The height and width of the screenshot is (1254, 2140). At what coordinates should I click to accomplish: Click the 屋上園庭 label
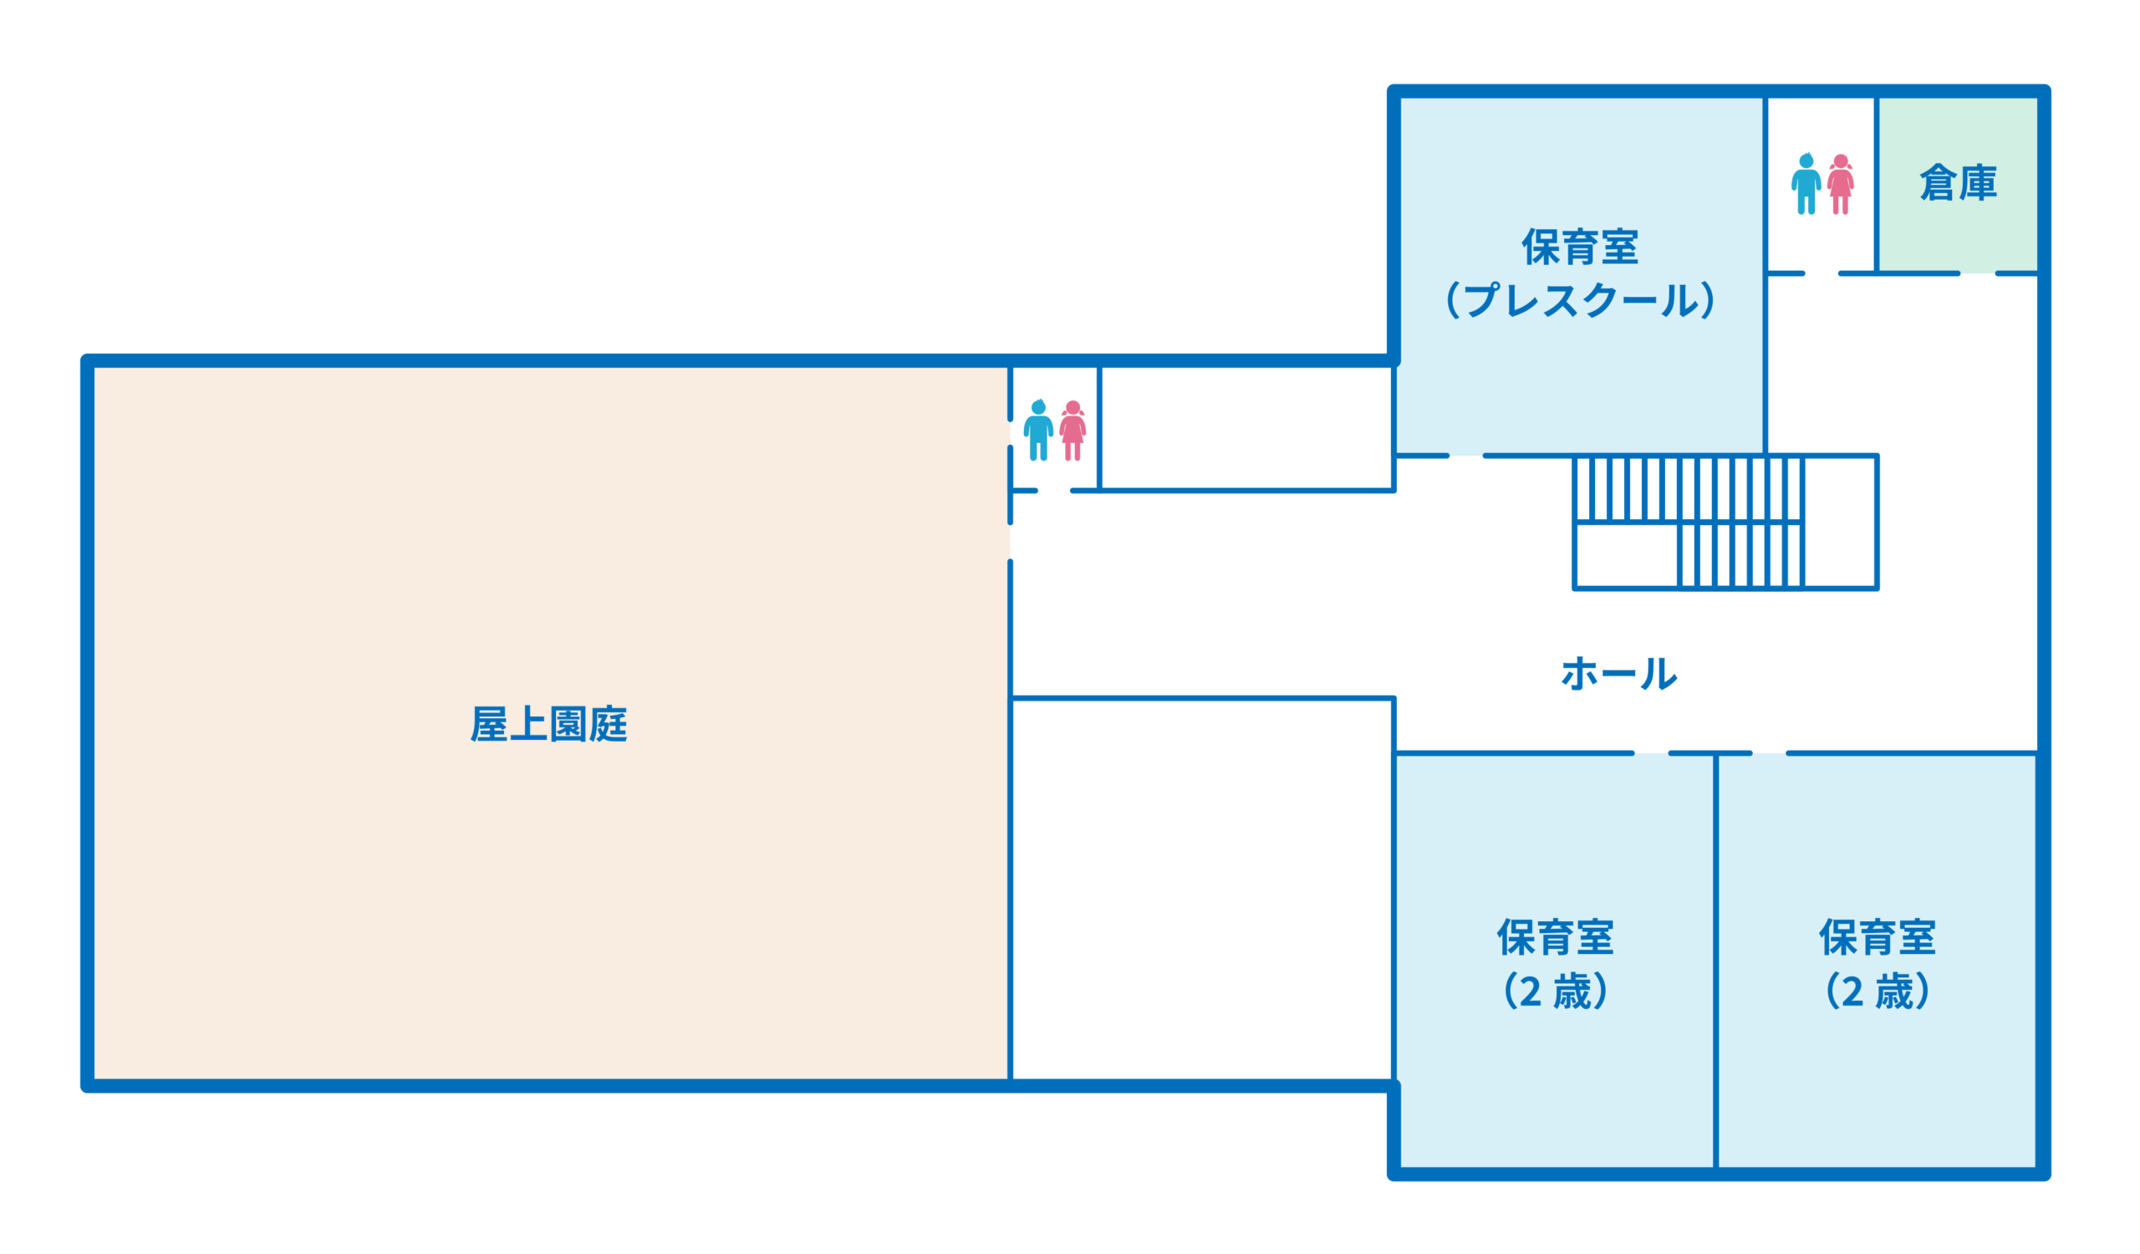548,724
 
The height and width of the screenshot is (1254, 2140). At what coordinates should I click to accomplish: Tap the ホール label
1618,673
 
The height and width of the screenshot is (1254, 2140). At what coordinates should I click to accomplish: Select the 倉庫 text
1959,182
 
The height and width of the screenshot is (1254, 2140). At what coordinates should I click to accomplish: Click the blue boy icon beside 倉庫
1806,183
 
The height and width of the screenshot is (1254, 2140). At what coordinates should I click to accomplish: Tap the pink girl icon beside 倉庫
1840,183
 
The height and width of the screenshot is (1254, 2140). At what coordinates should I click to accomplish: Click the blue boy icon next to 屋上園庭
1037,431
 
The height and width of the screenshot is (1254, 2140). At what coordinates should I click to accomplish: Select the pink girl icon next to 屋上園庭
1073,431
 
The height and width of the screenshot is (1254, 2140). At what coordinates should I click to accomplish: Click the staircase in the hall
1689,522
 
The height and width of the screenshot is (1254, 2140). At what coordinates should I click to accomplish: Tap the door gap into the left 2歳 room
1651,753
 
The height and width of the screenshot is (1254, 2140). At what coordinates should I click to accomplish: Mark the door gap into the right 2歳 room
1770,753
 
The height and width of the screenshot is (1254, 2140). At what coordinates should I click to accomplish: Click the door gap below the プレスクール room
1465,456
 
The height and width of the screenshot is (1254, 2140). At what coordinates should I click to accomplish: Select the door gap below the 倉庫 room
1978,273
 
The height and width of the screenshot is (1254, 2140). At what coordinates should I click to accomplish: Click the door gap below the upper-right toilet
1822,273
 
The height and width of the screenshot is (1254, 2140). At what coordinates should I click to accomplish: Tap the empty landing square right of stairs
1839,522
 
